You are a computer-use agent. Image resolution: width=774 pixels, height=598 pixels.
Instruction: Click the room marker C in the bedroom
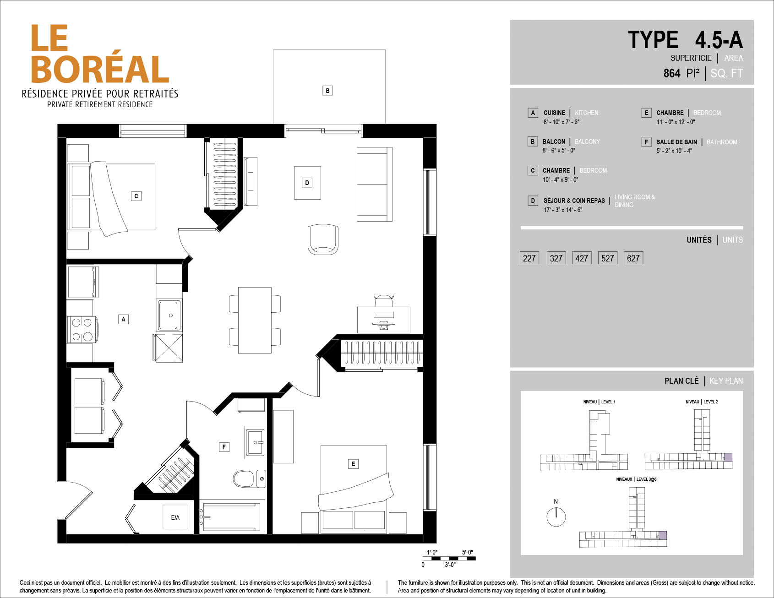coord(136,196)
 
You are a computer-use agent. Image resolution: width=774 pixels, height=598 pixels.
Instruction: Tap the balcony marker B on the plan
coord(327,91)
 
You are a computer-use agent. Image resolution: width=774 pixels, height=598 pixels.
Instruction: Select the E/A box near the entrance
coord(175,517)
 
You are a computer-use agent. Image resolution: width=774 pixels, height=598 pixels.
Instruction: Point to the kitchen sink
coord(169,315)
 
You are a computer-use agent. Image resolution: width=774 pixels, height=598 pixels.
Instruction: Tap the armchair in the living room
coord(323,239)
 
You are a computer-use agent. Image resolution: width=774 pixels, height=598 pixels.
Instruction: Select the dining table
coord(255,320)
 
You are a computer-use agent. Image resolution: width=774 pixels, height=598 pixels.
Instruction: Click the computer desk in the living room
coord(384,320)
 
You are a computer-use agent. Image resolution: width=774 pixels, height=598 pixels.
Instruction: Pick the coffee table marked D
coord(307,183)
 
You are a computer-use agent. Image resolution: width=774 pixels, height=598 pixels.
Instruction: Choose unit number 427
coord(582,258)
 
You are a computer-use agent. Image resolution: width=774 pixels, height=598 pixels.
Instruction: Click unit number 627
coord(633,258)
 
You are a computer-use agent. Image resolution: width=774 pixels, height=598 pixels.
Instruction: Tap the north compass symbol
coord(556,515)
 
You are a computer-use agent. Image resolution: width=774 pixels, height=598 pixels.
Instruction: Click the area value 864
coord(672,73)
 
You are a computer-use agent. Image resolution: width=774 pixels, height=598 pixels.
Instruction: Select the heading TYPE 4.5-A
coord(685,40)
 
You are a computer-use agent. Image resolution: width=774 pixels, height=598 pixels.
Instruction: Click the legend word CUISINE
coord(554,113)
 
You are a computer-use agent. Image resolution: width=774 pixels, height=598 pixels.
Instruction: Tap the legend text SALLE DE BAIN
coord(676,142)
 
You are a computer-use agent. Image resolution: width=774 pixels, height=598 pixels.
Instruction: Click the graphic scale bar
coord(449,558)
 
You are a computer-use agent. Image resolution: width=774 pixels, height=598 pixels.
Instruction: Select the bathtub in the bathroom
coord(232,516)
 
